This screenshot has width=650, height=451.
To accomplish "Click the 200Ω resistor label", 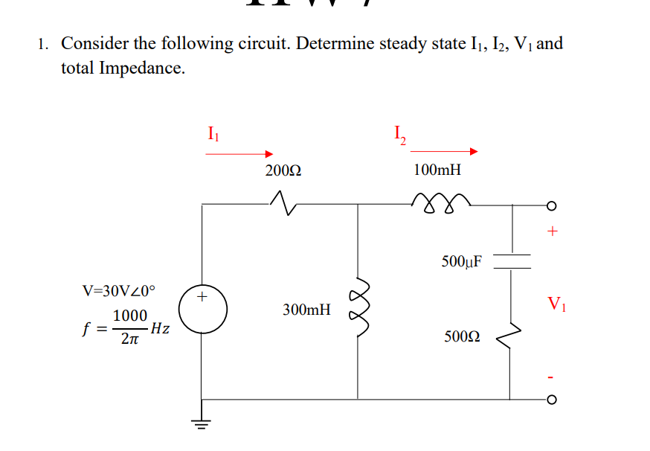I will click(283, 170).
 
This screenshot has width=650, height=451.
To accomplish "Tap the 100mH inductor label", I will click(437, 170).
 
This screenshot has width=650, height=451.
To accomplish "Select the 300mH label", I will click(306, 308).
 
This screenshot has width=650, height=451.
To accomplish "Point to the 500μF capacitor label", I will click(461, 261).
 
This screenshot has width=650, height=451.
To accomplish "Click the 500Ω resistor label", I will click(461, 336).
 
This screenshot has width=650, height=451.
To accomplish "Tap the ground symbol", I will click(201, 426).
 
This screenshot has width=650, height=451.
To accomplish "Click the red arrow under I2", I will click(443, 152).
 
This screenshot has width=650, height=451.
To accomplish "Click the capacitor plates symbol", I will click(510, 260).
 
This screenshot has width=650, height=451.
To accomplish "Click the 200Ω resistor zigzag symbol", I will click(283, 199).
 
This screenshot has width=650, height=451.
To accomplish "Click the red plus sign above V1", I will click(551, 231).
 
